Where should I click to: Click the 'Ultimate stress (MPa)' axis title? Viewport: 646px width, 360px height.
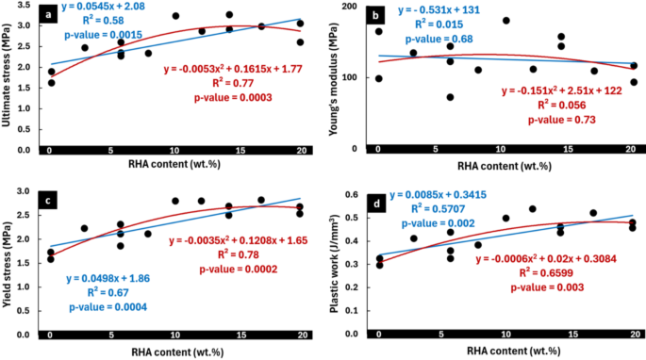[8, 78]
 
